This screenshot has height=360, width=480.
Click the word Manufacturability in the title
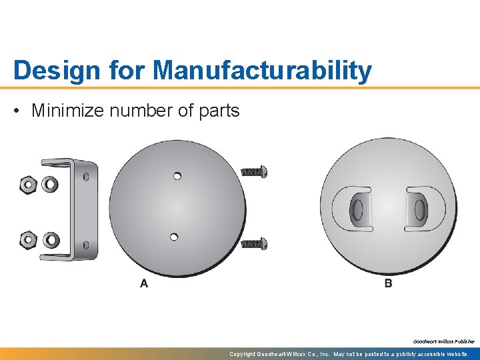pyautogui.click(x=261, y=71)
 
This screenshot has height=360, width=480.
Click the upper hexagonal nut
pyautogui.click(x=29, y=185)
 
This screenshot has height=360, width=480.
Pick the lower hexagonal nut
pyautogui.click(x=29, y=239)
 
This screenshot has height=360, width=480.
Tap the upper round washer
pyautogui.click(x=50, y=185)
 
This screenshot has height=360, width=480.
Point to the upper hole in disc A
pyautogui.click(x=177, y=176)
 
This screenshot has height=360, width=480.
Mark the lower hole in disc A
pyautogui.click(x=173, y=236)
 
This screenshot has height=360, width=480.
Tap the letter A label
pyautogui.click(x=144, y=284)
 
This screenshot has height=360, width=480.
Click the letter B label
pyautogui.click(x=388, y=284)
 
